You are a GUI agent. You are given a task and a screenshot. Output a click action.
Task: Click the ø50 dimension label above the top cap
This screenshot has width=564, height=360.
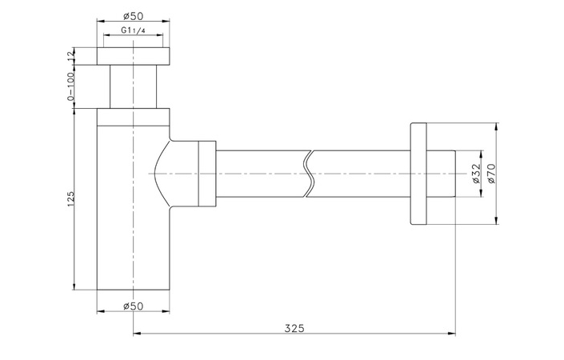pyautogui.click(x=134, y=14)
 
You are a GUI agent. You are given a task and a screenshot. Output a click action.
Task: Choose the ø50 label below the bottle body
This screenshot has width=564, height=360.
pyautogui.click(x=134, y=306)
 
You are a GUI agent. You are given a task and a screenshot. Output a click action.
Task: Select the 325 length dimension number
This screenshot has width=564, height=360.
pyautogui.click(x=294, y=328)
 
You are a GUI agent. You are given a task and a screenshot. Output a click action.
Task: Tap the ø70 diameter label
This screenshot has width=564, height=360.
pyautogui.click(x=492, y=173)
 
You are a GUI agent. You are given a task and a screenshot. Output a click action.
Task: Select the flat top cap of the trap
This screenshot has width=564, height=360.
pyautogui.click(x=134, y=55)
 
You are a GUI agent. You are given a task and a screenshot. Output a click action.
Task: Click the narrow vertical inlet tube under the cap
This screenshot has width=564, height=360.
pyautogui.click(x=134, y=86)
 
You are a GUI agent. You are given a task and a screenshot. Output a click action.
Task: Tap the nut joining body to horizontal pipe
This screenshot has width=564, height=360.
pyautogui.click(x=206, y=174)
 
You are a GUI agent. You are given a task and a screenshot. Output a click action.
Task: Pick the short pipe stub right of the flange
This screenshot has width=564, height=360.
pyautogui.click(x=444, y=174)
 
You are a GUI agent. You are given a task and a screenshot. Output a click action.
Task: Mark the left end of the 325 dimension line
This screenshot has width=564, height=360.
pyautogui.click(x=134, y=333)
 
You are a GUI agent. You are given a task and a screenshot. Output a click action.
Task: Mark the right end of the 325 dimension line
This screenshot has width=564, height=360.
pyautogui.click(x=455, y=333)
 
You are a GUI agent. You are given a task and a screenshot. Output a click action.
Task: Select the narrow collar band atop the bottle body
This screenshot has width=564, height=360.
pyautogui.click(x=134, y=117)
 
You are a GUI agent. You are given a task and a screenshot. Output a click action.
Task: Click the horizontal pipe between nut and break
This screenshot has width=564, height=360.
pyautogui.click(x=260, y=174)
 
